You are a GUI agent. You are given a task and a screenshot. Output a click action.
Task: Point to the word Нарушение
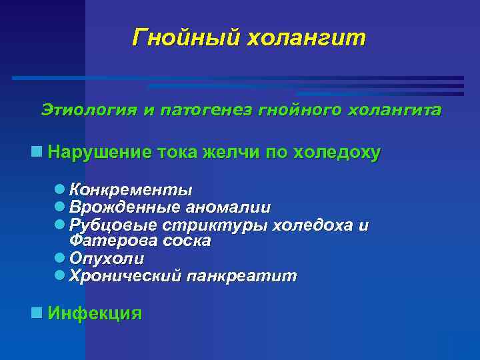[100, 152]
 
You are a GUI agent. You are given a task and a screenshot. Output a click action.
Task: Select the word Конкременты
[131, 190]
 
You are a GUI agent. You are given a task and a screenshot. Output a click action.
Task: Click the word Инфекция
[95, 313]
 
